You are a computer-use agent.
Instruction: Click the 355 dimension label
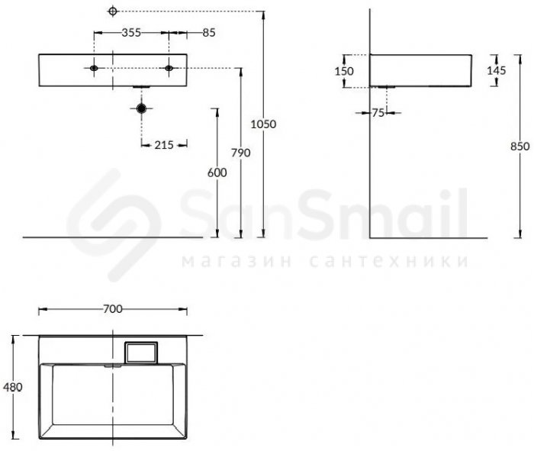[131, 32]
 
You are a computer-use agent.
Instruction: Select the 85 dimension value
[209, 32]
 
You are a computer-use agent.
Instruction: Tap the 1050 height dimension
[263, 124]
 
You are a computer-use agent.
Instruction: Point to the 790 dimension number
[241, 153]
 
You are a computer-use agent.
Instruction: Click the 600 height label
[217, 172]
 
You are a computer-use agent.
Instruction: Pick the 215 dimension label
[164, 145]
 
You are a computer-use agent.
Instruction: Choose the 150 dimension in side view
[344, 71]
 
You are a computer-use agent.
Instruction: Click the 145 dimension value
[496, 70]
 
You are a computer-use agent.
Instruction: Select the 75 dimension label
[378, 113]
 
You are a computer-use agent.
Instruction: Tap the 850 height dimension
[520, 146]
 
